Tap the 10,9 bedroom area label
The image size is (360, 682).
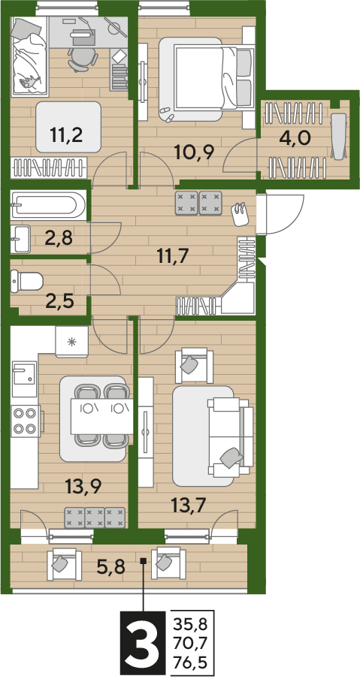coord(193,152)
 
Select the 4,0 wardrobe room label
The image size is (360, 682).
coord(294,138)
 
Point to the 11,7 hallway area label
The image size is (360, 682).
coord(173,257)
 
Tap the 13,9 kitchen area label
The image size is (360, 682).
coord(83,485)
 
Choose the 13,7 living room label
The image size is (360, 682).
coord(187,505)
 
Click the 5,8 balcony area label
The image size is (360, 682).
coord(110,566)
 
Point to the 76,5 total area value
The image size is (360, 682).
coord(191,665)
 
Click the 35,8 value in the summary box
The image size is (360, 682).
coord(191,626)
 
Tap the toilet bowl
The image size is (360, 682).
coord(27,281)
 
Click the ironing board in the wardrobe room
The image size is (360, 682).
coord(339,135)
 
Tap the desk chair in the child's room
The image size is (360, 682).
coord(82,59)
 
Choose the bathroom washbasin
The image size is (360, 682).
coord(20,238)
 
